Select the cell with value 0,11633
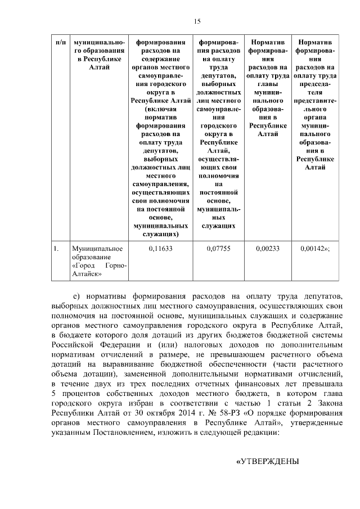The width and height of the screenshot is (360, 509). pos(160,247)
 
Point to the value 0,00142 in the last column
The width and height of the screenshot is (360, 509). pos(315,247)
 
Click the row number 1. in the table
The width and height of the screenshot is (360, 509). pos(56,247)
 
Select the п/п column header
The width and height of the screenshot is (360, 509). pos(60,43)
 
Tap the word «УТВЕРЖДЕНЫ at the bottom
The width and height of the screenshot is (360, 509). pos(267,461)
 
